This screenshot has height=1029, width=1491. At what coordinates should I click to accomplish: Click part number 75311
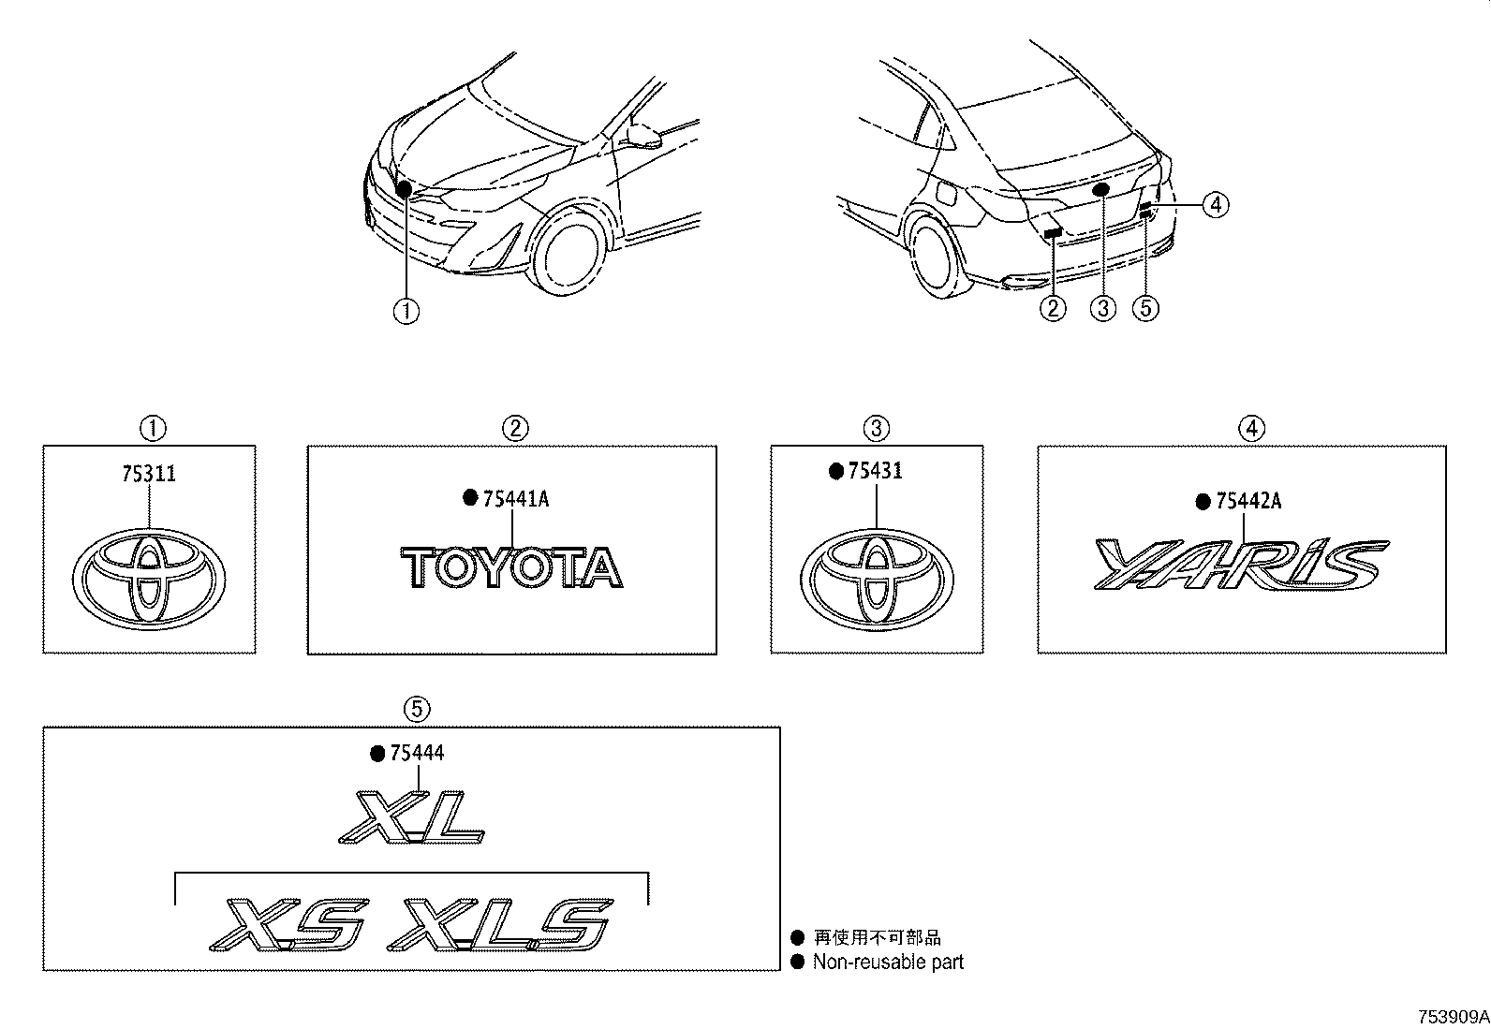(x=149, y=475)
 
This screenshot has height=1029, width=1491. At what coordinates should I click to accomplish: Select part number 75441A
(x=515, y=499)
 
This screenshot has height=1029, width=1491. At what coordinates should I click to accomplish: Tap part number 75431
(x=875, y=471)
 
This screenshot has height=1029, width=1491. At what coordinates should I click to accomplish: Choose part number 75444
(x=417, y=754)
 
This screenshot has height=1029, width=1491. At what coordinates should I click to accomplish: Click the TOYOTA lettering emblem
(x=512, y=568)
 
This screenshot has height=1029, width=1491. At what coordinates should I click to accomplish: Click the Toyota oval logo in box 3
(x=876, y=581)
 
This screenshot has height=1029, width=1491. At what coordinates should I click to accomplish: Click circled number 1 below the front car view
(x=406, y=311)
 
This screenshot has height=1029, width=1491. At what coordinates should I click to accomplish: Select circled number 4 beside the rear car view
(x=1215, y=203)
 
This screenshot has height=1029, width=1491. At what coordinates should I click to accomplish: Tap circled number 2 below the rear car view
(x=1054, y=307)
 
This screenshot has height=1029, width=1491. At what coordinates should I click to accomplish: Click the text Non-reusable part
(x=888, y=962)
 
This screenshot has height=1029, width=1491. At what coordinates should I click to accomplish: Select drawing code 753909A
(x=1453, y=1017)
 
